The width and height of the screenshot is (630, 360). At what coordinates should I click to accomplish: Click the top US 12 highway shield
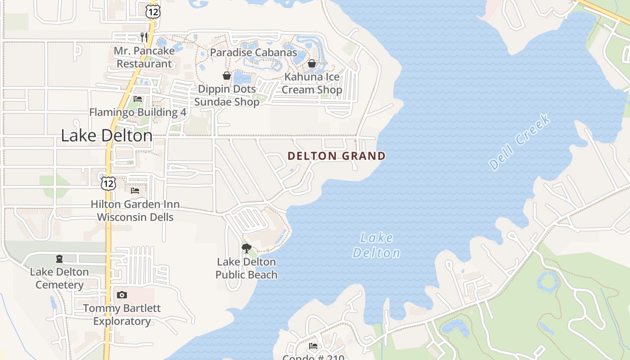(153, 11)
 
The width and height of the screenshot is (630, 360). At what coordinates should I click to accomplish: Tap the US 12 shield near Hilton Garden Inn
(108, 183)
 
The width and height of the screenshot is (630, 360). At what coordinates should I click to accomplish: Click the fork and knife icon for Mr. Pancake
(144, 37)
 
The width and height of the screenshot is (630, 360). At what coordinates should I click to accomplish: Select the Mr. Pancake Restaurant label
(144, 57)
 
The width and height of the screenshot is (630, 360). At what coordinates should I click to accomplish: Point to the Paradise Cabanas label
(253, 53)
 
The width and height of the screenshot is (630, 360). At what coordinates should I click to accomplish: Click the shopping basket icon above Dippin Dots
(227, 76)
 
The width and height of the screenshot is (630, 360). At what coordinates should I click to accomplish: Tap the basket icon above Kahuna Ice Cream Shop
(312, 63)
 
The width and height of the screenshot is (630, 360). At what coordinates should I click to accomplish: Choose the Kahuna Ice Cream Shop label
(312, 83)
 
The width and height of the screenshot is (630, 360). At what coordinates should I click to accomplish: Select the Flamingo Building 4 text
(138, 112)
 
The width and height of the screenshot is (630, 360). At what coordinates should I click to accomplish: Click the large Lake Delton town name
(107, 135)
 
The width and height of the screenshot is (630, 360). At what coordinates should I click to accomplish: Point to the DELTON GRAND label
(337, 156)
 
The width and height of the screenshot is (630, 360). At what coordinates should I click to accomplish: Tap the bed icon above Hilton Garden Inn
(135, 191)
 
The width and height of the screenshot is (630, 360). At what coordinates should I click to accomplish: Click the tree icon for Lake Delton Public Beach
(246, 248)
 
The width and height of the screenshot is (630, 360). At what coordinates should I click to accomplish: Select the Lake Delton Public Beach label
(246, 268)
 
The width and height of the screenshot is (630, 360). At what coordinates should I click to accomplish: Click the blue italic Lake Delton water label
(376, 245)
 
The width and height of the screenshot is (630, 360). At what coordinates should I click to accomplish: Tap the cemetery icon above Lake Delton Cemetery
(59, 259)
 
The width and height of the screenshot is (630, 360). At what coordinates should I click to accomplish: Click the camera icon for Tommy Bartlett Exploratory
(121, 295)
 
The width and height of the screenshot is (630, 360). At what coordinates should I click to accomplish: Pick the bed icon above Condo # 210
(313, 346)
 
